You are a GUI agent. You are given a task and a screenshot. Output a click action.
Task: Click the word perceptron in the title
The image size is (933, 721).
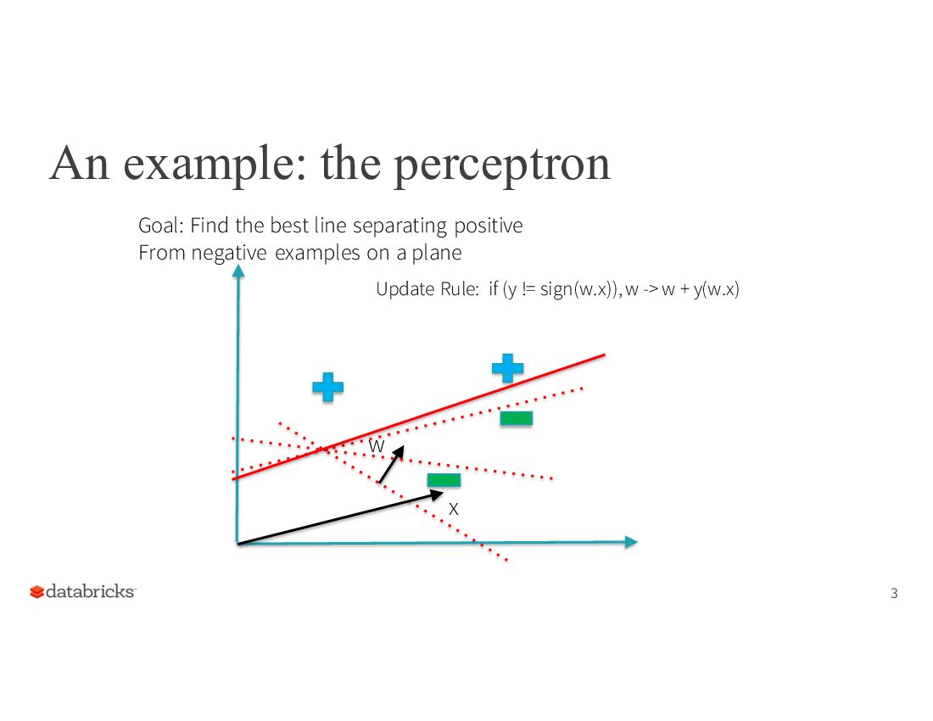(503, 165)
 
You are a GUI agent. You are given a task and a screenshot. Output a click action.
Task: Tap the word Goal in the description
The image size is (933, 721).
(159, 226)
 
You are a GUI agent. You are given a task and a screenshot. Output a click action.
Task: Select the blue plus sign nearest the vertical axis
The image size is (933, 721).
(327, 387)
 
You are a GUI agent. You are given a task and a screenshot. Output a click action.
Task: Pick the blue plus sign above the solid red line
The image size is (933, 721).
(507, 368)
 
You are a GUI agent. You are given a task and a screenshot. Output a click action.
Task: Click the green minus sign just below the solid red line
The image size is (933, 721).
(516, 418)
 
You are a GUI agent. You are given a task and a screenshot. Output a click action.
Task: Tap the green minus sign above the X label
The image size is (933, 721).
(444, 480)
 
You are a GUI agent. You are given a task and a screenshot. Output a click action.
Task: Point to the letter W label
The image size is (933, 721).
(377, 445)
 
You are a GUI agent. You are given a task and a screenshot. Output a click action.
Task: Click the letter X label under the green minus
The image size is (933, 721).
(454, 509)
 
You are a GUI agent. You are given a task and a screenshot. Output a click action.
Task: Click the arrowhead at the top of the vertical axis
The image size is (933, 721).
(238, 271)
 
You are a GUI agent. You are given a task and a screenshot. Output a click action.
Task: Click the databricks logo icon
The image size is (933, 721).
(36, 592)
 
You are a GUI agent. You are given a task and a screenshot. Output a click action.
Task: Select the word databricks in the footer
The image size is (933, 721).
(90, 591)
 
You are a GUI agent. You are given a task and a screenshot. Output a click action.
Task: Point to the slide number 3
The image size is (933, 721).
(894, 593)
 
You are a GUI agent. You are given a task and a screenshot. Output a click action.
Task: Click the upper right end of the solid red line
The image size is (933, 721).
(602, 355)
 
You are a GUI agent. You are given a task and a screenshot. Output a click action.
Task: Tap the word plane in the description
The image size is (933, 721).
(437, 253)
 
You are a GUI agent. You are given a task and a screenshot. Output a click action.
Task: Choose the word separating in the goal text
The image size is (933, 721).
(399, 226)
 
